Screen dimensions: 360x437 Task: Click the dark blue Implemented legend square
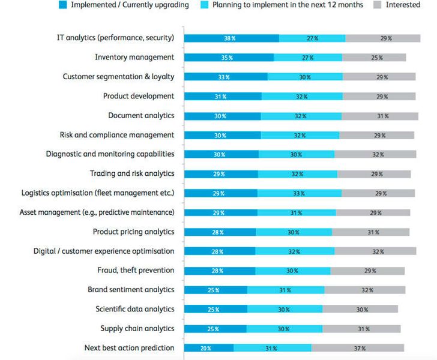click(x=62, y=5)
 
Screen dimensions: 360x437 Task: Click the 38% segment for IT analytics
click(x=231, y=38)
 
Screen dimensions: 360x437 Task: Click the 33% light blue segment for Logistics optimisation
click(x=300, y=193)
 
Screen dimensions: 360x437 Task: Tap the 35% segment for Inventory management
click(x=228, y=58)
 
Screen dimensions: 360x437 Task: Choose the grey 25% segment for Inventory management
click(x=374, y=58)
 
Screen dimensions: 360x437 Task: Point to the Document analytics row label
click(x=141, y=116)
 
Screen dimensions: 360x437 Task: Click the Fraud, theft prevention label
click(x=136, y=270)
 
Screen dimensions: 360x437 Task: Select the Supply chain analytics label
click(x=137, y=328)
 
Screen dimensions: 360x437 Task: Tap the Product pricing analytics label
click(x=133, y=232)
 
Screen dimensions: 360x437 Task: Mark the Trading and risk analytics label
click(x=132, y=173)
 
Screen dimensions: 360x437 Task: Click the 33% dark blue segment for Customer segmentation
click(x=226, y=77)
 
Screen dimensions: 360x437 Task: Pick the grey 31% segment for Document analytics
click(x=379, y=116)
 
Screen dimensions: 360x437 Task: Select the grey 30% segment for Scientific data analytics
click(x=360, y=309)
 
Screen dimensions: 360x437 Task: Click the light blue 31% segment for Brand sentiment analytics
click(x=286, y=290)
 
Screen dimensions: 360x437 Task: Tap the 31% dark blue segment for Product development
click(x=223, y=96)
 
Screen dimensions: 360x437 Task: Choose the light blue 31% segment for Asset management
click(x=297, y=212)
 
